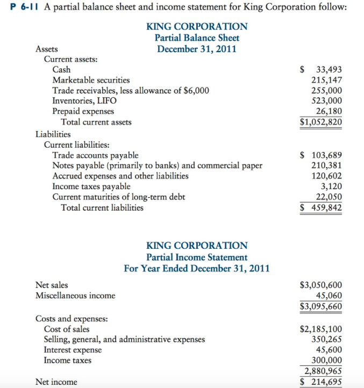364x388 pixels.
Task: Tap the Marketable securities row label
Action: [x=90, y=80]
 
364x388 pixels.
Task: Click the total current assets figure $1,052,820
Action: [x=321, y=121]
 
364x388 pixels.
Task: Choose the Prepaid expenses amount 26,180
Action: [x=329, y=111]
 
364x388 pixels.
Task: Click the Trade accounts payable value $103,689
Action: [x=321, y=156]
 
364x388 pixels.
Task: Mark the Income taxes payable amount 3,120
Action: [x=331, y=186]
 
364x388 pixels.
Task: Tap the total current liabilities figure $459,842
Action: [x=321, y=207]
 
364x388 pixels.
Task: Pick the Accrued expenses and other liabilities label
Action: [x=120, y=176]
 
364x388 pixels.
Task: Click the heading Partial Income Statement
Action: [x=197, y=257]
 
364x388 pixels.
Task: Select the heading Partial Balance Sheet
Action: [x=197, y=38]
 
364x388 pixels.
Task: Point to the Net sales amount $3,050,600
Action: [x=321, y=285]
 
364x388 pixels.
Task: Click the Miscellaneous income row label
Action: [x=75, y=296]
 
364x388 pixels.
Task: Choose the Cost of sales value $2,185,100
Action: [x=321, y=329]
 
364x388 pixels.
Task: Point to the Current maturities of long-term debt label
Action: [x=118, y=197]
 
